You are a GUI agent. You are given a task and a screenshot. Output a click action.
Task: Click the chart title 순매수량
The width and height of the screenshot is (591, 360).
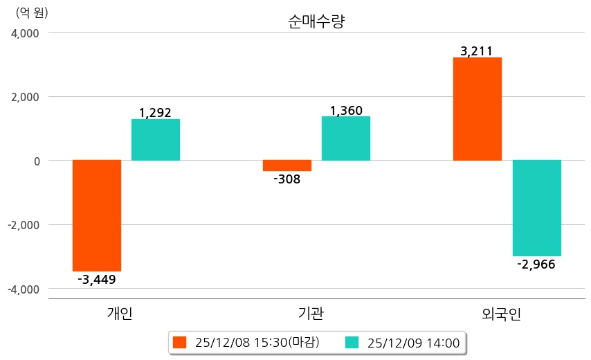(x=316, y=21)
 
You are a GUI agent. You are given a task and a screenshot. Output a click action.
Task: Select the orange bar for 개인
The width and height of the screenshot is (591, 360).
(x=97, y=215)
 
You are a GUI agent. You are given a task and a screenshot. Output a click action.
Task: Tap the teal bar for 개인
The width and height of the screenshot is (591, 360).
(x=156, y=140)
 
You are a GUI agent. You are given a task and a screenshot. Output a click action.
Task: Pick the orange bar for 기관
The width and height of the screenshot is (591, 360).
(x=277, y=165)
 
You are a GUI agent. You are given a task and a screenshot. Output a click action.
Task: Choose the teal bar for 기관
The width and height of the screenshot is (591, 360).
(x=346, y=138)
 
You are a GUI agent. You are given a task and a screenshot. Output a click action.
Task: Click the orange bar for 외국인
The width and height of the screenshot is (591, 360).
(x=478, y=109)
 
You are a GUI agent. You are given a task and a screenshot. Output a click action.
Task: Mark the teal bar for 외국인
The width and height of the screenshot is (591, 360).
(x=537, y=208)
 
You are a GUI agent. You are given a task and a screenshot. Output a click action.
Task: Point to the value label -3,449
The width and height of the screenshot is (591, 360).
(x=97, y=280)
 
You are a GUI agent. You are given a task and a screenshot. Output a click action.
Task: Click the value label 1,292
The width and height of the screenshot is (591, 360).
(x=155, y=112)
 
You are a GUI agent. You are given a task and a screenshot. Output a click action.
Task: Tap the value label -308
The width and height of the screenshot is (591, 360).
(x=287, y=179)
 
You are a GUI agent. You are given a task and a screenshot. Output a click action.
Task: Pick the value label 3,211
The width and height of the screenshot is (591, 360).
(x=476, y=51)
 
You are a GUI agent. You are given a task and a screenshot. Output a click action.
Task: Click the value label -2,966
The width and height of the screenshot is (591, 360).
(x=536, y=264)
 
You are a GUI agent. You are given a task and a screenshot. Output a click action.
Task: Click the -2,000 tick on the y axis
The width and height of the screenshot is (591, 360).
(x=24, y=225)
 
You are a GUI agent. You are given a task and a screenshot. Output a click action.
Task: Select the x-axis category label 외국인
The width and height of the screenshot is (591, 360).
(x=501, y=314)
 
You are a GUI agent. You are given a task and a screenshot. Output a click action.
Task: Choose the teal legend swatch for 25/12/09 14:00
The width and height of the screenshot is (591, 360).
(x=352, y=343)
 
